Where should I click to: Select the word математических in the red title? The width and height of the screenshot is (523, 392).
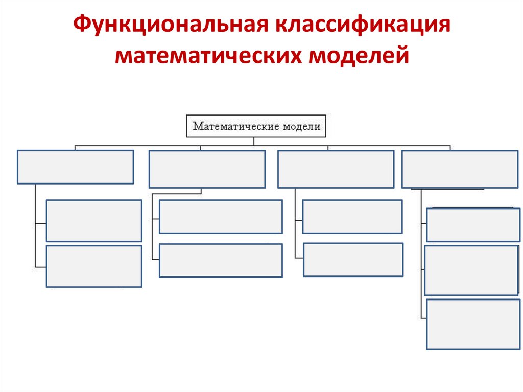[x=207, y=56]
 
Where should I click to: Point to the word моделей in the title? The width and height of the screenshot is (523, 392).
[x=359, y=56]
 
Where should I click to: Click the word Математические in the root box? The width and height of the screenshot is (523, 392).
[x=234, y=126]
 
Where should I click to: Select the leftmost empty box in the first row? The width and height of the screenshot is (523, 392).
[x=75, y=167]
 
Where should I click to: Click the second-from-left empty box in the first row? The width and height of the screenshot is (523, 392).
[x=207, y=169]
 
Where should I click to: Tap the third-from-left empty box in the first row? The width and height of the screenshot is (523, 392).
[x=336, y=169]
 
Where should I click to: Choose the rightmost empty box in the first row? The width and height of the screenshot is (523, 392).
[x=460, y=169]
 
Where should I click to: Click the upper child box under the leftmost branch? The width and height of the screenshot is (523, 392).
[x=94, y=220]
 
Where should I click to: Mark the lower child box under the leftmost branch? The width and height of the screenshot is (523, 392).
[x=94, y=266]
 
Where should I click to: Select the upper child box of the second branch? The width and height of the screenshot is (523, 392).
[x=221, y=216]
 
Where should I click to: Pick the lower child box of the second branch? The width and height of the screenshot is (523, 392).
[x=221, y=260]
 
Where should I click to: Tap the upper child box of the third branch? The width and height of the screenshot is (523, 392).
[x=352, y=216]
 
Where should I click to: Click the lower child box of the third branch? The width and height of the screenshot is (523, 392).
[x=353, y=260]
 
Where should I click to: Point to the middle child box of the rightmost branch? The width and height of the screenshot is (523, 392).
[x=471, y=270]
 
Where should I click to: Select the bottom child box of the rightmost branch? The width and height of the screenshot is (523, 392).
[x=473, y=324]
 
